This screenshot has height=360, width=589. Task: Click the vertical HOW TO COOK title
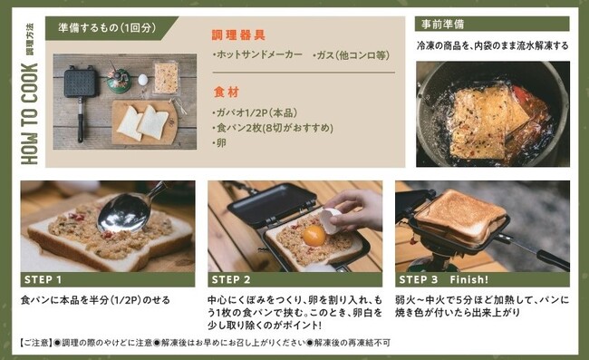[x=30, y=114]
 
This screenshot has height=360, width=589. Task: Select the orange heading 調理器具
[x=239, y=35]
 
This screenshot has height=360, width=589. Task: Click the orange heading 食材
[x=227, y=92]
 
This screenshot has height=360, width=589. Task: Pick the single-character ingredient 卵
[x=221, y=143]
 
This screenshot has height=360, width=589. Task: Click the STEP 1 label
[x=43, y=279]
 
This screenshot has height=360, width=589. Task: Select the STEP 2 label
[x=231, y=279]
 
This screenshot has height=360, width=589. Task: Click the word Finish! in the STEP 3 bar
[x=469, y=279]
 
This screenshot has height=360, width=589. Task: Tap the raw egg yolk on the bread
[x=314, y=236]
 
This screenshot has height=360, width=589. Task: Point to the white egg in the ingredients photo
[x=143, y=80]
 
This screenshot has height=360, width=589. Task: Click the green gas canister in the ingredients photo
[x=119, y=83]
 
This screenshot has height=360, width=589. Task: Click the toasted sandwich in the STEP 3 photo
[x=460, y=217]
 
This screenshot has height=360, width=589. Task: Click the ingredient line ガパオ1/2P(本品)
[x=257, y=112]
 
